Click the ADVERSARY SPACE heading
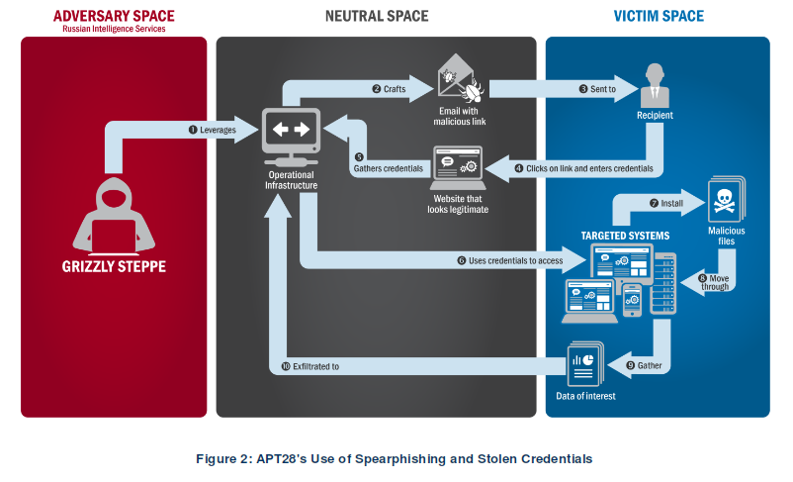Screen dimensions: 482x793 (114, 15)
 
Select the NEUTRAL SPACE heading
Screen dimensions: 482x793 (377, 15)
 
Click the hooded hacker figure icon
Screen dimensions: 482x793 (114, 212)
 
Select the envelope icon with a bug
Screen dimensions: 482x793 (460, 81)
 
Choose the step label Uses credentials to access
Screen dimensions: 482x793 (508, 260)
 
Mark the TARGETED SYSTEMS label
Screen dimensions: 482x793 (625, 236)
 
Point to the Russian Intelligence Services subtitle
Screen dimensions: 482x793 (114, 29)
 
